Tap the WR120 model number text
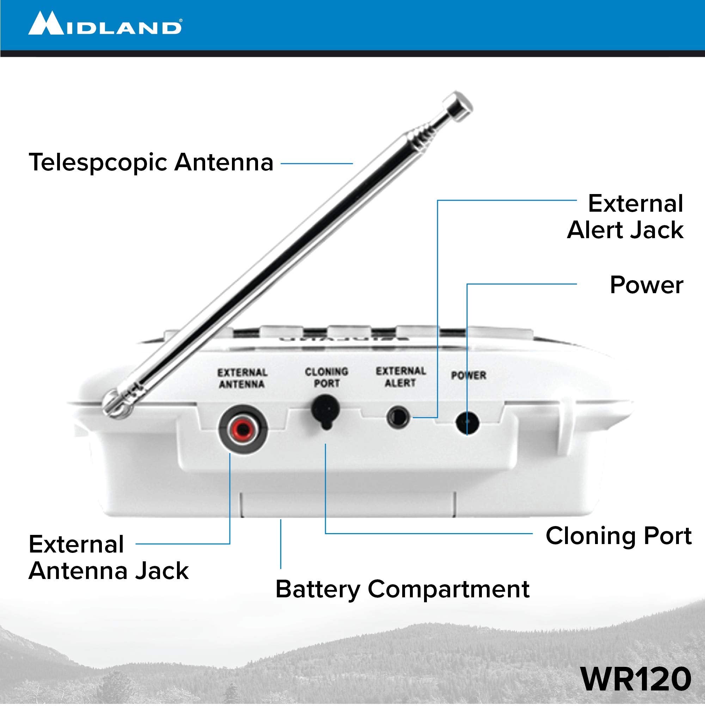[636, 679]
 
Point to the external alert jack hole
[398, 417]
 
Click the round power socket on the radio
[467, 423]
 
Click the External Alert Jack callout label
[625, 217]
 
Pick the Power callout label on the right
[646, 285]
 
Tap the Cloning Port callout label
[618, 536]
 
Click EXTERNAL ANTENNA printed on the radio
[242, 378]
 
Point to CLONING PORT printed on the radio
[326, 378]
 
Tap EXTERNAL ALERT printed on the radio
[400, 377]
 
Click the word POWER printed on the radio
[468, 375]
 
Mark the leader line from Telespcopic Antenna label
[316, 164]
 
